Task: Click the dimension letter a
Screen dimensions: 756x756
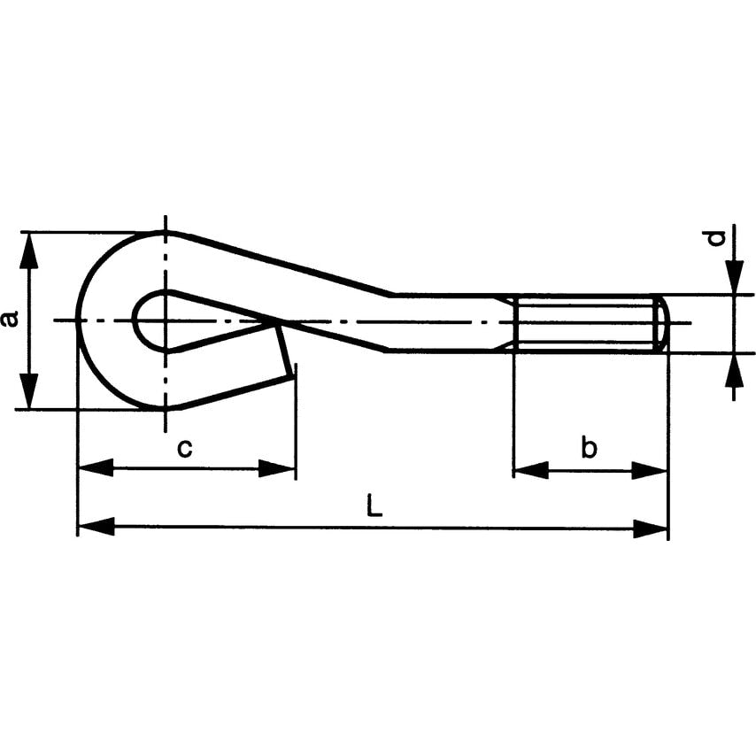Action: (10, 319)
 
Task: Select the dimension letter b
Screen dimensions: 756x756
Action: (589, 449)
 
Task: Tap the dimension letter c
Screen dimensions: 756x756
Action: (184, 449)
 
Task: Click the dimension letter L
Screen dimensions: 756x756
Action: (374, 506)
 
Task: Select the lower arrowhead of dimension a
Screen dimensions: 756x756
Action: (30, 390)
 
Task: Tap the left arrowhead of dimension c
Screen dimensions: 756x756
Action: (95, 468)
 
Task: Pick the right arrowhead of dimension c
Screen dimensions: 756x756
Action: (277, 468)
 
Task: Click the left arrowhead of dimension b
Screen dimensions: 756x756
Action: (531, 470)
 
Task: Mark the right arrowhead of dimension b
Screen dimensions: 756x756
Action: (650, 470)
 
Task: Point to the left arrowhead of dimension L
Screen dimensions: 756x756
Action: (95, 528)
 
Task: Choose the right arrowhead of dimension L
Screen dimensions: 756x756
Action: (650, 528)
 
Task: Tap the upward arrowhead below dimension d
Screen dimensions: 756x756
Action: (733, 372)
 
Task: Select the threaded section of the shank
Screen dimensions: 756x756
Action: (584, 323)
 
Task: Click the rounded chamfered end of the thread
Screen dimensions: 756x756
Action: (662, 323)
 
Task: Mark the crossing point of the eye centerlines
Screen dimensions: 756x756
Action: (165, 320)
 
